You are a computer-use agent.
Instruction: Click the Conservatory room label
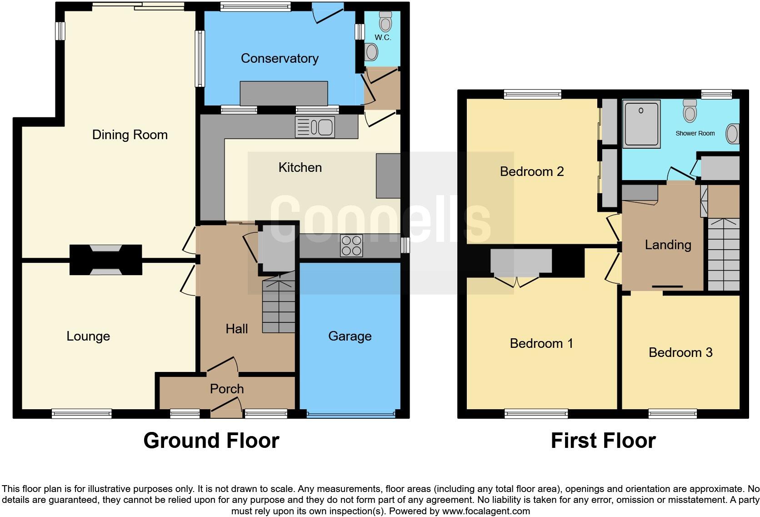click(x=279, y=58)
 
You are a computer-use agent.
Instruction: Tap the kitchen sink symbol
click(x=315, y=127)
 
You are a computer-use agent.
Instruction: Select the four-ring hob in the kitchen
click(x=351, y=246)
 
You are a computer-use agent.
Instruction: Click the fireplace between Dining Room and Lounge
click(x=105, y=260)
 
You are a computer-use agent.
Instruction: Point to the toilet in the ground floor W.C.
click(x=385, y=20)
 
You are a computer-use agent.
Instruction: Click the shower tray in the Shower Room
click(x=641, y=124)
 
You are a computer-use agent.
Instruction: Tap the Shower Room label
click(x=695, y=133)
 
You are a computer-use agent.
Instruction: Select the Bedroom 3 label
click(x=680, y=352)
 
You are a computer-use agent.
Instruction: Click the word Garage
click(x=350, y=336)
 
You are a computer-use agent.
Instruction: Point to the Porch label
click(x=226, y=389)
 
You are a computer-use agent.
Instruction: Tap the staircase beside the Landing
click(x=723, y=255)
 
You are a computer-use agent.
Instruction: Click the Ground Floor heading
click(x=211, y=441)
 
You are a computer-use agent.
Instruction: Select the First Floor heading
click(x=603, y=441)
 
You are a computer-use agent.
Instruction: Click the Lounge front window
click(x=81, y=413)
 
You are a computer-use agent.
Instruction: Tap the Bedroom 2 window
click(x=532, y=94)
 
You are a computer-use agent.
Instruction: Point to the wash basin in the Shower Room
click(x=732, y=134)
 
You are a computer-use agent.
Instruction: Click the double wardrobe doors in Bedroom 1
click(x=516, y=281)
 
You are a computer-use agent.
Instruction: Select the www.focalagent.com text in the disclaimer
click(x=486, y=511)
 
